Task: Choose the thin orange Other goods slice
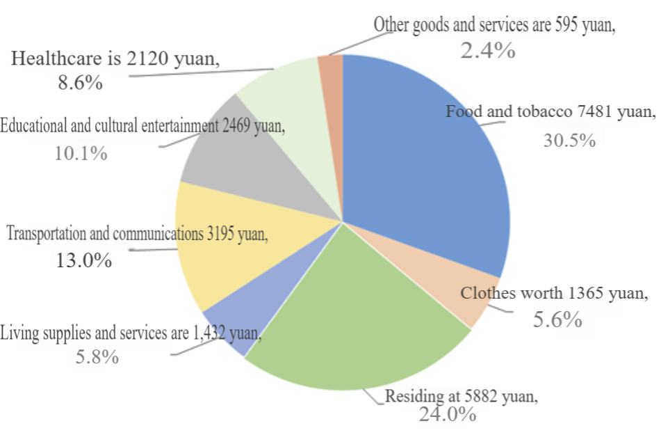pos(331,84)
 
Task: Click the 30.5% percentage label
pos(569,140)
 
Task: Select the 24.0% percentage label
pos(448,414)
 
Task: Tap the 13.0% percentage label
pos(84,260)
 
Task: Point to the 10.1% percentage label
pos(81,153)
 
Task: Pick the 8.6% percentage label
pos(80,82)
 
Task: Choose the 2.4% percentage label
pos(488,51)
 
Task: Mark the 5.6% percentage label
pos(557,319)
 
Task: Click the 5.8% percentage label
pos(97,357)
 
